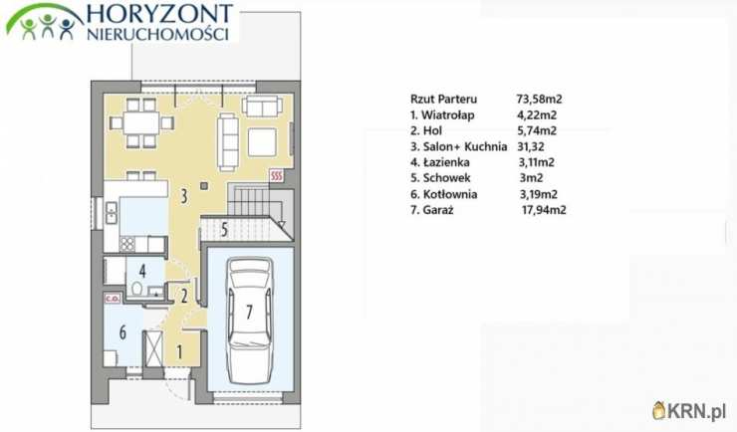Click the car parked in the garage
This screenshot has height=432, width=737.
click(249, 316)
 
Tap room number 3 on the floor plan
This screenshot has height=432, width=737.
click(184, 196)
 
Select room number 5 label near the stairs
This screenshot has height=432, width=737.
click(224, 229)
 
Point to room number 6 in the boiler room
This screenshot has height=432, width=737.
click(123, 332)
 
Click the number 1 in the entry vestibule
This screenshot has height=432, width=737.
click(179, 351)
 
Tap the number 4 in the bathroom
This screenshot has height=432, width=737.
click(142, 271)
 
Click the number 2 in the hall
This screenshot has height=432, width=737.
click(184, 296)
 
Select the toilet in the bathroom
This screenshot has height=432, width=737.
click(137, 289)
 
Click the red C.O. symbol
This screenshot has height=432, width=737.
click(112, 299)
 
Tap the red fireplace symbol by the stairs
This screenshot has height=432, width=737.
click(277, 176)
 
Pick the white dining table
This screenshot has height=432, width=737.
click(141, 123)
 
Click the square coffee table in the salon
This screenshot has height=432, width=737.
click(262, 141)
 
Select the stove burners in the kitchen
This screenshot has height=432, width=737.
click(127, 244)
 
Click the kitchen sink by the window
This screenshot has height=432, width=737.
click(112, 213)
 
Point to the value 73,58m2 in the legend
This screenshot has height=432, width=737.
click(539, 100)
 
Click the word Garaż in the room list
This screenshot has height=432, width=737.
click(438, 210)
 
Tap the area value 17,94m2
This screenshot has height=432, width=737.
click(544, 210)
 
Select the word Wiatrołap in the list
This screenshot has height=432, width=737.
click(448, 115)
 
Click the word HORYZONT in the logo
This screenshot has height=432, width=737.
click(159, 14)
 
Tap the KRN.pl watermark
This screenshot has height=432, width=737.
click(689, 411)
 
